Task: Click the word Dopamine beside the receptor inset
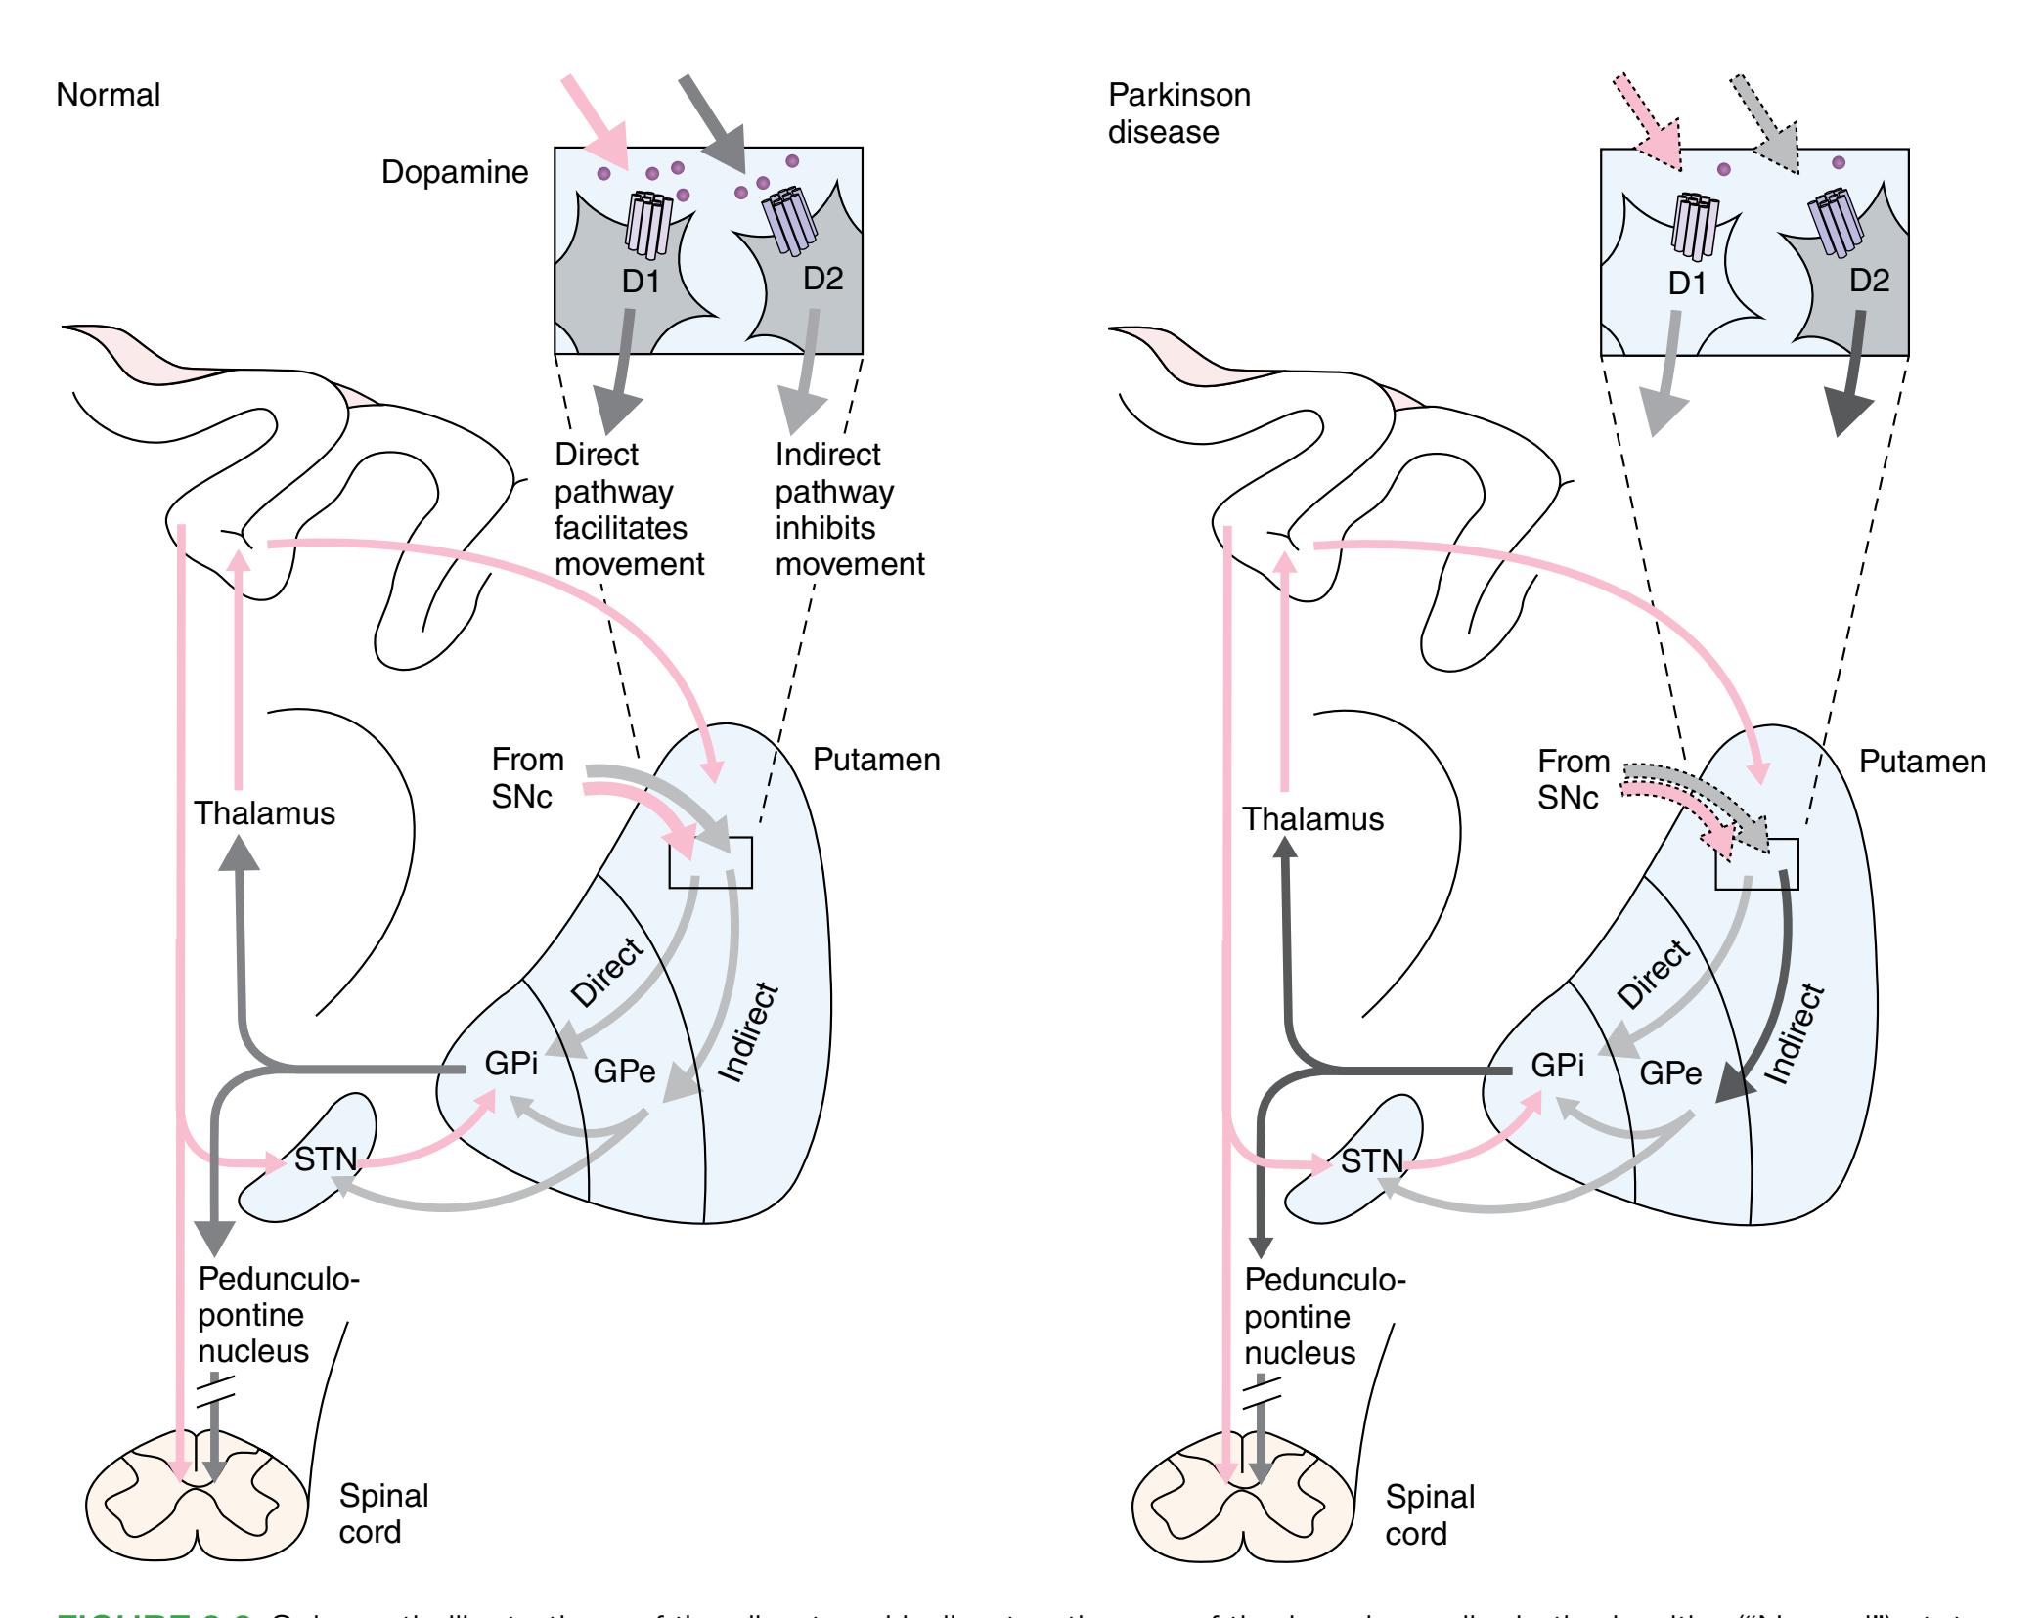pyautogui.click(x=454, y=172)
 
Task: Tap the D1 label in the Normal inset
pyautogui.click(x=641, y=283)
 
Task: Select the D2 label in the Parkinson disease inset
pyautogui.click(x=1869, y=281)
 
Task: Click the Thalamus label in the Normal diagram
pyautogui.click(x=264, y=813)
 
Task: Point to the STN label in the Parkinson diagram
pyautogui.click(x=1372, y=1161)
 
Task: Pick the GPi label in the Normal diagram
pyautogui.click(x=511, y=1064)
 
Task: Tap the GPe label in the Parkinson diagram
pyautogui.click(x=1670, y=1073)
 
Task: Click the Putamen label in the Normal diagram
pyautogui.click(x=876, y=760)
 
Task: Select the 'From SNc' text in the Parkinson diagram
pyautogui.click(x=1573, y=779)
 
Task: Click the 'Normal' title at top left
pyautogui.click(x=108, y=95)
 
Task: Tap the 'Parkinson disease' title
pyautogui.click(x=1178, y=113)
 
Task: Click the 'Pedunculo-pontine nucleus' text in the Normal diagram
pyautogui.click(x=278, y=1315)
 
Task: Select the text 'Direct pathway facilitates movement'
pyautogui.click(x=628, y=509)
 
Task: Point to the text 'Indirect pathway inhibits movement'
pyautogui.click(x=849, y=509)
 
